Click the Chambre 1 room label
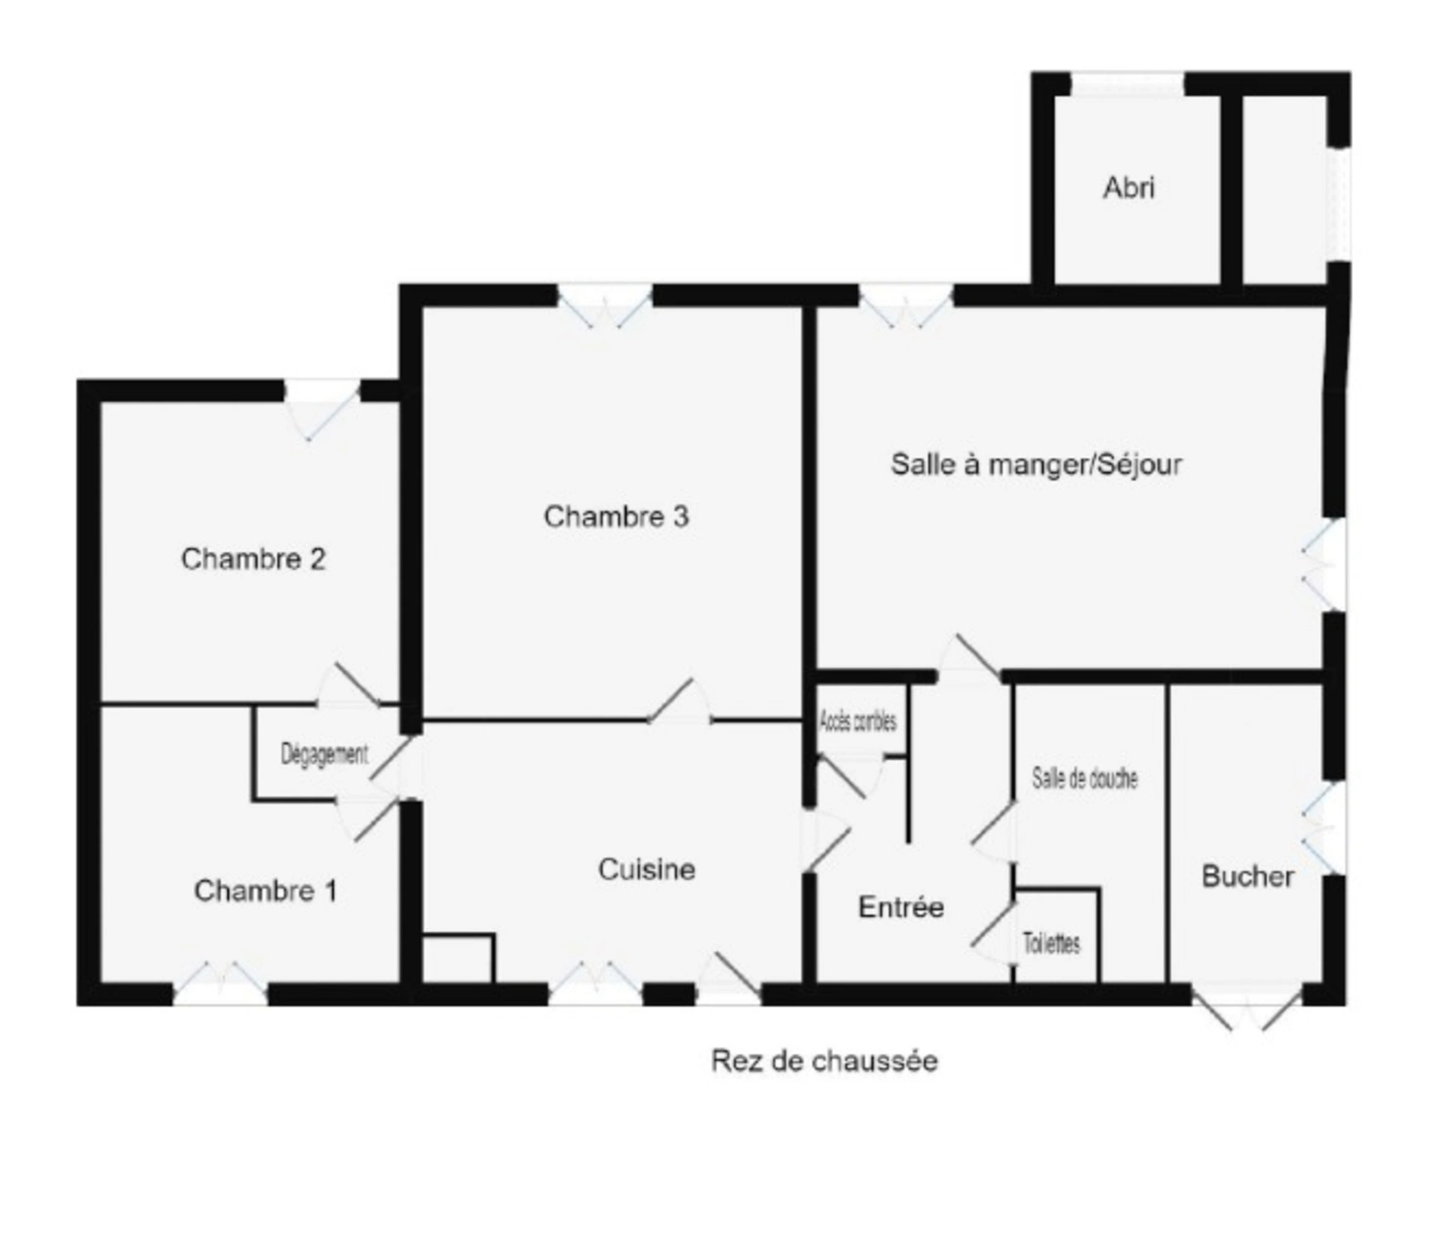point(265,890)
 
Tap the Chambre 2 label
point(253,559)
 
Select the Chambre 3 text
point(616,516)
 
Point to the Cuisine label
point(646,869)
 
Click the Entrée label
point(901,907)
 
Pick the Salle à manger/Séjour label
point(1036,464)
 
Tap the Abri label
point(1129,188)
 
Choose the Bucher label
point(1247,876)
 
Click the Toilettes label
point(1051,942)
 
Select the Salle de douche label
point(1084,778)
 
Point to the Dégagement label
point(324,754)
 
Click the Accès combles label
point(857,722)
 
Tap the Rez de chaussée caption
point(824,1061)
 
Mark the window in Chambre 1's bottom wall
point(220,983)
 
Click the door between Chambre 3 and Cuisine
point(679,702)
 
